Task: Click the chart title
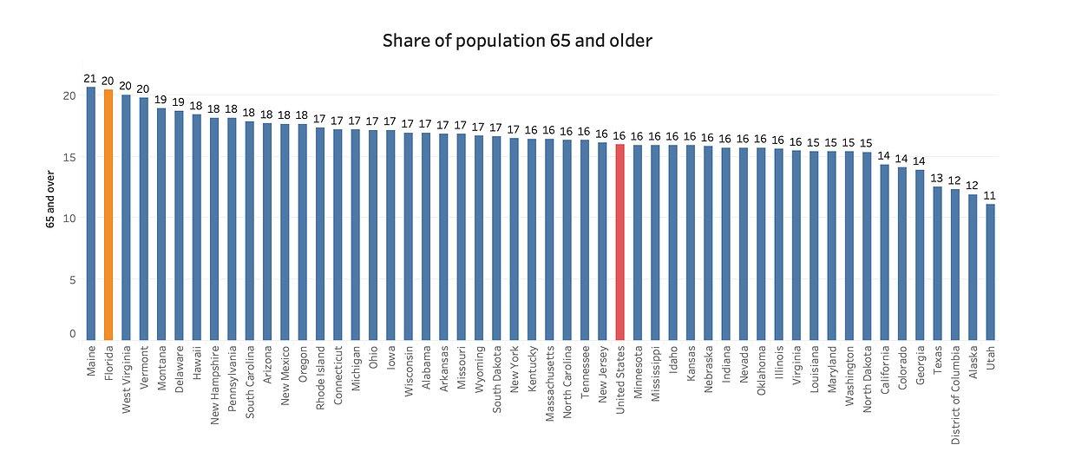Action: (x=517, y=41)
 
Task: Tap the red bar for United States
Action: (x=619, y=242)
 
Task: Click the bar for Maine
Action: (x=90, y=213)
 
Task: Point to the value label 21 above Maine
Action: (x=90, y=78)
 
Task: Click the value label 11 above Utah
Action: (x=990, y=196)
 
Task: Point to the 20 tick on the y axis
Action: (x=69, y=95)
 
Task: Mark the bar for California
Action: (x=884, y=252)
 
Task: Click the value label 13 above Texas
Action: (x=937, y=179)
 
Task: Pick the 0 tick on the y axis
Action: (x=72, y=334)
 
